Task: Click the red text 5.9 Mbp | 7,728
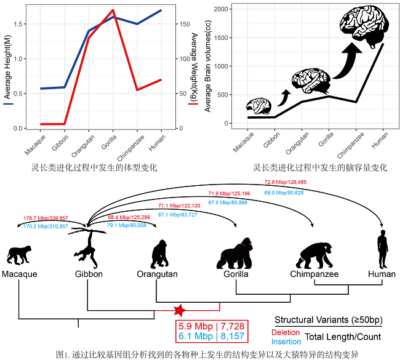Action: (x=210, y=325)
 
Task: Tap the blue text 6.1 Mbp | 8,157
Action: (x=210, y=336)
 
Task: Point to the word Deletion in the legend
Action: (x=286, y=332)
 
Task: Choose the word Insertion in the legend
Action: (x=286, y=342)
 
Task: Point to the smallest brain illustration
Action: (x=260, y=106)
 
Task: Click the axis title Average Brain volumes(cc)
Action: (x=208, y=64)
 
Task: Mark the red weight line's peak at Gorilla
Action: (x=113, y=10)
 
